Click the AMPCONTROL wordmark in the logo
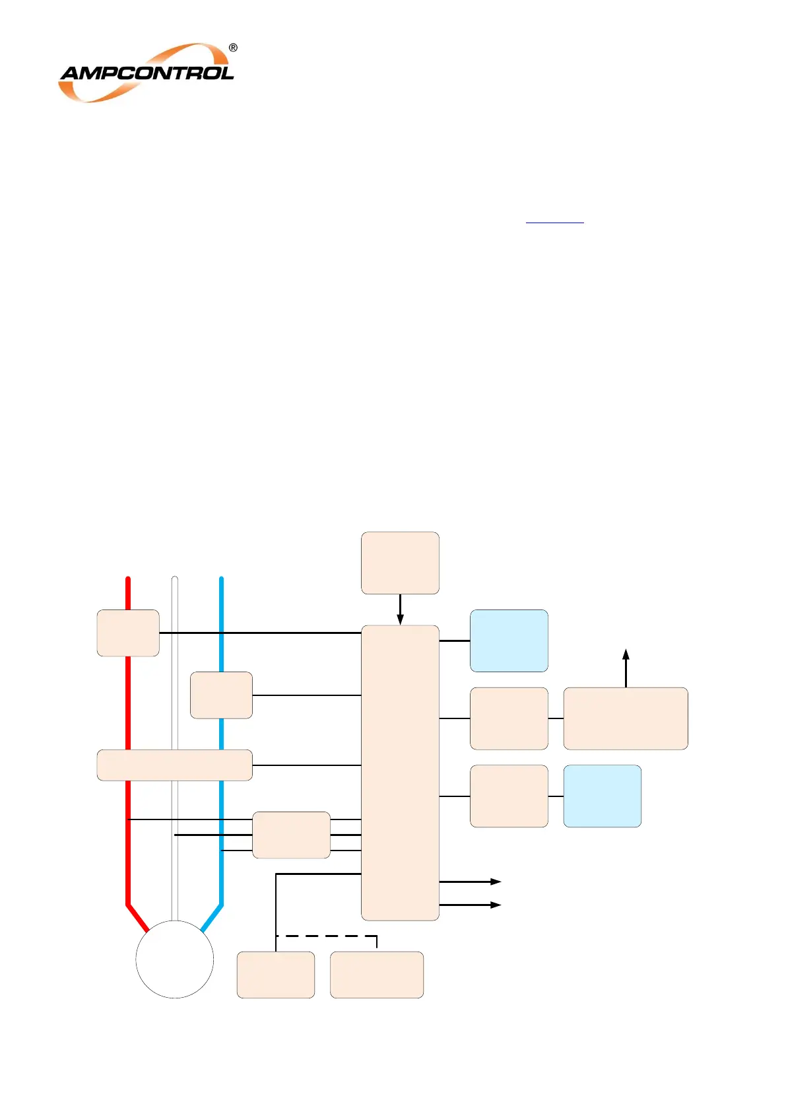(x=147, y=73)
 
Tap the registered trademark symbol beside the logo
(x=233, y=48)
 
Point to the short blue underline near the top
(x=554, y=223)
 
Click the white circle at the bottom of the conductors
(x=175, y=959)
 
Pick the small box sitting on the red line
(x=128, y=633)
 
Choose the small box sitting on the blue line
(x=221, y=695)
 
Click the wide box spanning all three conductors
(x=174, y=765)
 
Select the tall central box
(x=400, y=773)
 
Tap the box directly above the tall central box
(x=400, y=563)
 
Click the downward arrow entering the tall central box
(x=400, y=611)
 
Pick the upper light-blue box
(x=509, y=641)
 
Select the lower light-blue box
(x=602, y=796)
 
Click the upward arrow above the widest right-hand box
(x=626, y=667)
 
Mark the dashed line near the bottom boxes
(x=327, y=936)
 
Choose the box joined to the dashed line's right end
(x=376, y=975)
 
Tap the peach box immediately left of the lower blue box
(x=509, y=796)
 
